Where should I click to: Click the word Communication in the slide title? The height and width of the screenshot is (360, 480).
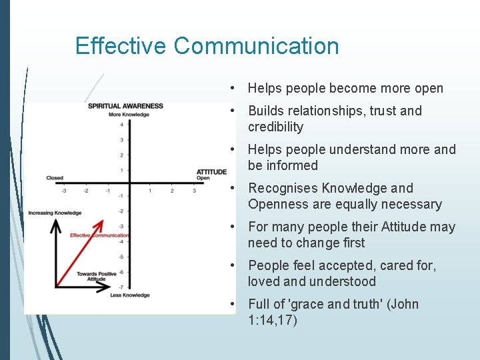[257, 46]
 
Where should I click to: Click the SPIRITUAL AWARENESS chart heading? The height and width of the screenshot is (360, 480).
[125, 106]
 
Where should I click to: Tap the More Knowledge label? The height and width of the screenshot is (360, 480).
[129, 114]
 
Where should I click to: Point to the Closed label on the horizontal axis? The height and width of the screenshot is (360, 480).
[55, 178]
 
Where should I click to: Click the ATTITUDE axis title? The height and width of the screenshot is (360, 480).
[211, 172]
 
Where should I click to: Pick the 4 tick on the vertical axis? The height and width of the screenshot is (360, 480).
[122, 125]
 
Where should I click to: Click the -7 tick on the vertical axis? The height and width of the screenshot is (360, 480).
[121, 287]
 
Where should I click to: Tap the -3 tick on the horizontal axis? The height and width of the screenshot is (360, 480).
[64, 191]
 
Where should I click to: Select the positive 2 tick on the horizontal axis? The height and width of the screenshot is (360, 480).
[172, 191]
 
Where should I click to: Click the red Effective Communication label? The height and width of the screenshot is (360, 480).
[99, 235]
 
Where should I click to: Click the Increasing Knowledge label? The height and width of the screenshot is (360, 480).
[55, 213]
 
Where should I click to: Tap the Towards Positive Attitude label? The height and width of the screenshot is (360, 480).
[96, 277]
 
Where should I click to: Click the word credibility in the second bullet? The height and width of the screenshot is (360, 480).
[275, 127]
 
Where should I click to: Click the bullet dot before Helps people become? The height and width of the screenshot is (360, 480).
[231, 88]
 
